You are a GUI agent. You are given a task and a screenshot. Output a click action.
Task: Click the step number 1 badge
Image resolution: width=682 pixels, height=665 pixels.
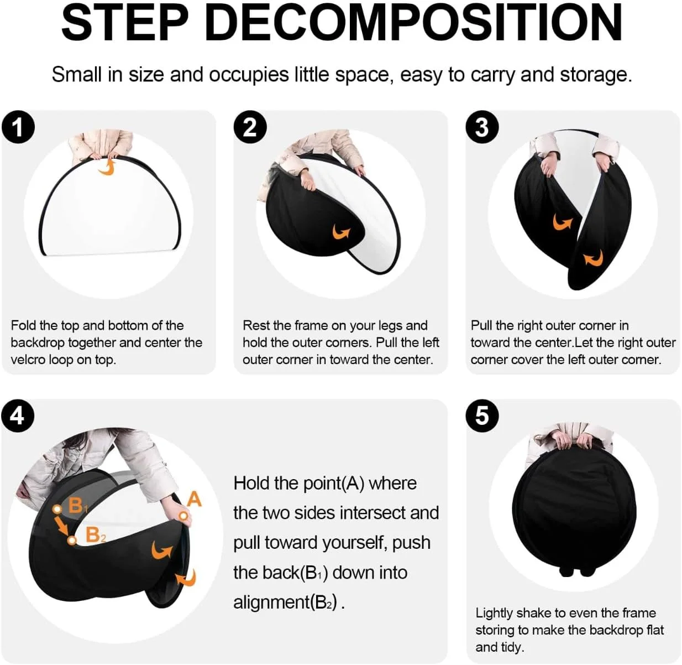point(18,127)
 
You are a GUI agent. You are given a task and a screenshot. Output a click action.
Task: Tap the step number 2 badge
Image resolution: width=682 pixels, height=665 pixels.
point(250,127)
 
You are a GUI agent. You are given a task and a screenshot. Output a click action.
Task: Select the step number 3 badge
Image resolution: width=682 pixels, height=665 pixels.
point(482,127)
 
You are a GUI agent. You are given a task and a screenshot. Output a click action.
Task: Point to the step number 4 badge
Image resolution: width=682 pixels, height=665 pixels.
point(18,415)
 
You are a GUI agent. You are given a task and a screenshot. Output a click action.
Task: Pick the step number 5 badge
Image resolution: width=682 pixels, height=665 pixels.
point(482,415)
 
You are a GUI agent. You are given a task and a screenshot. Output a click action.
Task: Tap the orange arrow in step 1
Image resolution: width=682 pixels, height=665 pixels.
point(108,167)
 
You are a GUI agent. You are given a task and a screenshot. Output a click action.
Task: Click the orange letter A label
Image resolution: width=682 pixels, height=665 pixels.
point(194,499)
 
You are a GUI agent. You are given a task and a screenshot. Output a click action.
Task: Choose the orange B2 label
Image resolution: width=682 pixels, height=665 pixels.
point(95,535)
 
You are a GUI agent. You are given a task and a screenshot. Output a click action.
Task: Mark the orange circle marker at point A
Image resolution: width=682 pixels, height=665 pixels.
point(182,516)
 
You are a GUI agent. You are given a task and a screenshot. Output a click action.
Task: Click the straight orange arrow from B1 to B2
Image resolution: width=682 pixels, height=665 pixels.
point(64,525)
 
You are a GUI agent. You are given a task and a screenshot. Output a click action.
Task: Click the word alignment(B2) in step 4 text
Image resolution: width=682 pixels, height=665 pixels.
point(285,602)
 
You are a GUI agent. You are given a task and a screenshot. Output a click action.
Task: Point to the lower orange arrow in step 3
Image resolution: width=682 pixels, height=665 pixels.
point(594,258)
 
